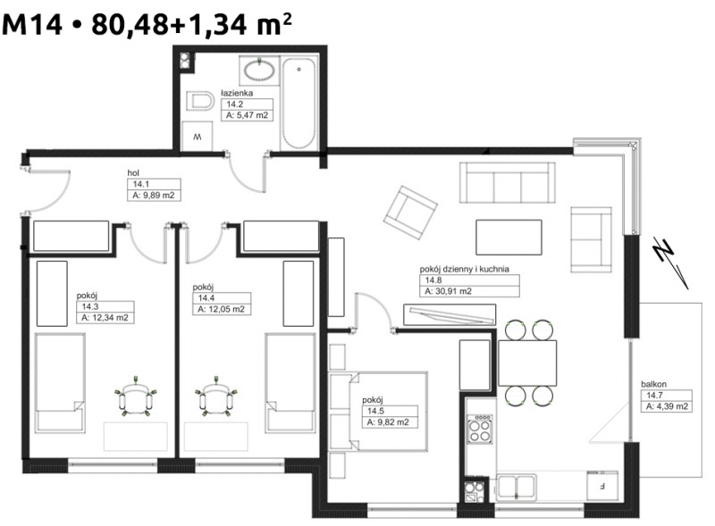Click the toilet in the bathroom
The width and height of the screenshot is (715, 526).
coord(200,101)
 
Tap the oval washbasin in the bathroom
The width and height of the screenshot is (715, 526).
coord(259,71)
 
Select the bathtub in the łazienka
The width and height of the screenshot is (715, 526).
coord(299,104)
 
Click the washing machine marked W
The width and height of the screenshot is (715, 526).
coord(197,137)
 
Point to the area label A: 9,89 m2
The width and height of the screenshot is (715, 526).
coord(154,196)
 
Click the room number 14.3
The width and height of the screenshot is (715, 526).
coord(90,306)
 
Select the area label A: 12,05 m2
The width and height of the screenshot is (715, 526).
coord(221,310)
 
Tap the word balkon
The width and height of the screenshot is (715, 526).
coord(653,384)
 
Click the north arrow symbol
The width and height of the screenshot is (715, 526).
coord(671,263)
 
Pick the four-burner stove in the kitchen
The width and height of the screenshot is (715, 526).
coord(481,429)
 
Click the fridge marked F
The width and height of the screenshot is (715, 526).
coord(601,487)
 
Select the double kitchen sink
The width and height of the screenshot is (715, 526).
coord(517,487)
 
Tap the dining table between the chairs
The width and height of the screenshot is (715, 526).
coord(527,363)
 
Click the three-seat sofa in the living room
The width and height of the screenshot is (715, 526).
coord(507,182)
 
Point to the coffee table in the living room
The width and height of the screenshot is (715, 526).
coord(509,237)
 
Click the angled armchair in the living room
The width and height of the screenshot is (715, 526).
coord(410,213)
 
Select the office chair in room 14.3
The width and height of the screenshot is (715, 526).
coord(136,397)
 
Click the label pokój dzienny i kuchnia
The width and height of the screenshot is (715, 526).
coord(464,269)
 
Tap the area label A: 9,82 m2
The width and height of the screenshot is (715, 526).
coord(388,422)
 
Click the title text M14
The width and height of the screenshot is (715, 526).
coord(32,24)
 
